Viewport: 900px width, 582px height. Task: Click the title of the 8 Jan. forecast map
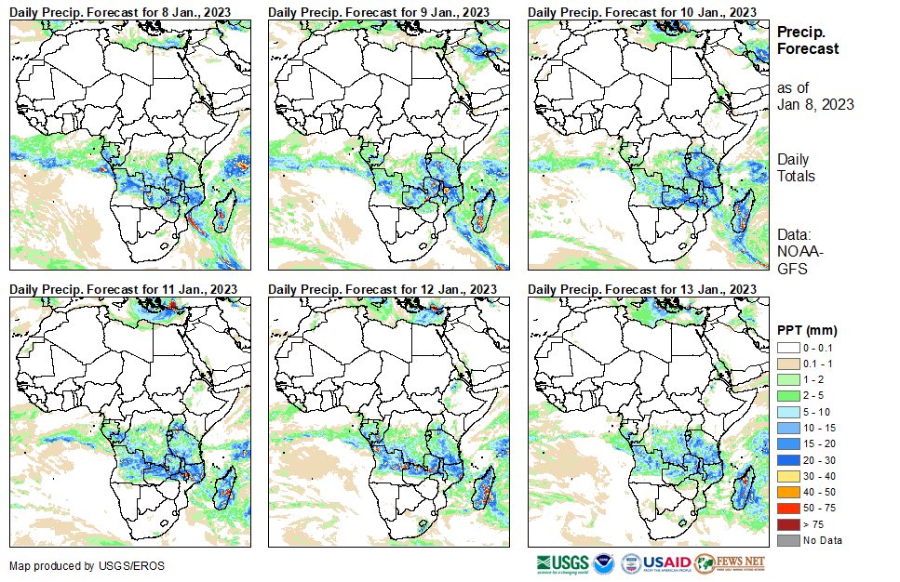[120, 10]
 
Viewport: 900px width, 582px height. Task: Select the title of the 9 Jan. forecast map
[379, 10]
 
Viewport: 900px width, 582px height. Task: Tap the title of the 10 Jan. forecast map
[641, 10]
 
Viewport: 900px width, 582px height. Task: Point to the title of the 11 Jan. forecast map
[122, 288]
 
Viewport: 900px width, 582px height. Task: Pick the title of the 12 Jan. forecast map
[381, 288]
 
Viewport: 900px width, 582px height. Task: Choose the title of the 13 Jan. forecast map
[641, 288]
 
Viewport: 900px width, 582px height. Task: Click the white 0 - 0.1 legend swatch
[787, 347]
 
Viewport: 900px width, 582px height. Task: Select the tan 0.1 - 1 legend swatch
[787, 363]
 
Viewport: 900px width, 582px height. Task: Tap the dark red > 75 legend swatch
[787, 524]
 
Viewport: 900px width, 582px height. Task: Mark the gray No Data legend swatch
[787, 540]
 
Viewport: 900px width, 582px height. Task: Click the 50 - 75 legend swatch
[787, 508]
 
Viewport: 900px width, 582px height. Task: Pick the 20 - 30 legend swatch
[787, 459]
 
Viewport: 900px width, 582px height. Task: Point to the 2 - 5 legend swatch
[787, 395]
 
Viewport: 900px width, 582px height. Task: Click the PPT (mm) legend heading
[806, 329]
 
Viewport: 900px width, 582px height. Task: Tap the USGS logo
[562, 563]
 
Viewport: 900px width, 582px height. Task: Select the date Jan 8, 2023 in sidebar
[815, 104]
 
